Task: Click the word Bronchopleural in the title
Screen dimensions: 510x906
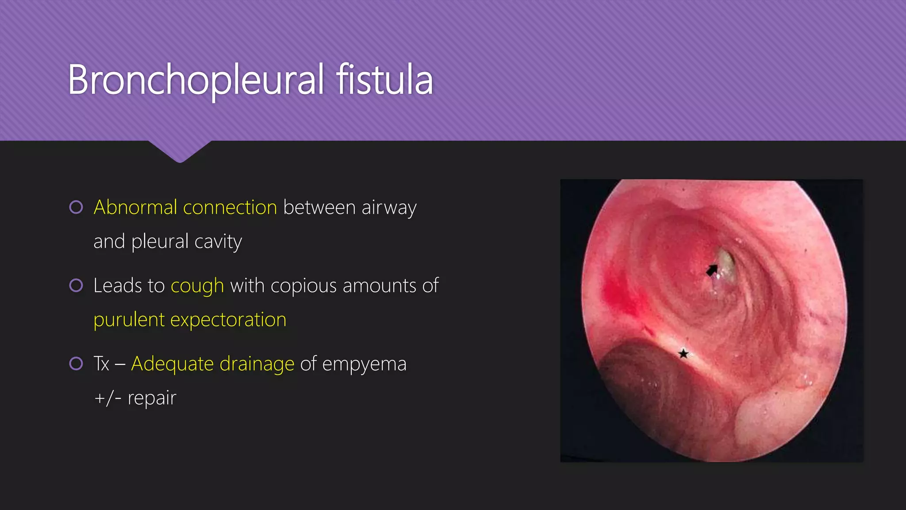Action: (196, 80)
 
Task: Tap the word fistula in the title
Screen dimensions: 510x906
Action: (384, 80)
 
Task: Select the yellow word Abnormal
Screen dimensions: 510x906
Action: (135, 208)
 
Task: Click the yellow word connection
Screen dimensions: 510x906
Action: (230, 208)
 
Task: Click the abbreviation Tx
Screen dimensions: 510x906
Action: (101, 364)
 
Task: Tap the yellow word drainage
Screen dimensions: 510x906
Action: (257, 364)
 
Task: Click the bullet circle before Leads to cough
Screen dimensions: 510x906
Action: (76, 286)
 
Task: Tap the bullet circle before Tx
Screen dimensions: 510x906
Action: (76, 364)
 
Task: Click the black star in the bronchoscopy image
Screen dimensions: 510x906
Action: (683, 353)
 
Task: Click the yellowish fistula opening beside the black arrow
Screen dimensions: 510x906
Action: (726, 263)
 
